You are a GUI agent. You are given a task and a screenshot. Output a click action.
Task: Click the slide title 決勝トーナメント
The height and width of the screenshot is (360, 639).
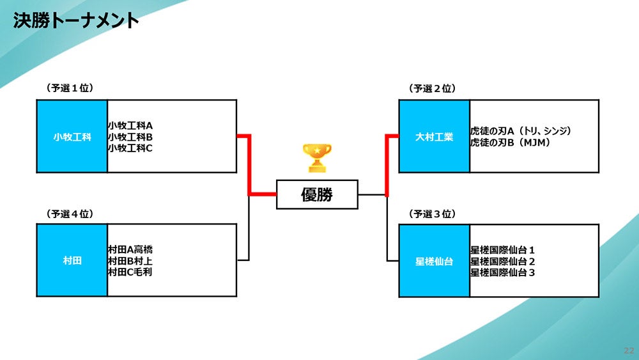point(76,20)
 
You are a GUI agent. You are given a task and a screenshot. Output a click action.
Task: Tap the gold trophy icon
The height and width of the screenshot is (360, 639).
point(317,157)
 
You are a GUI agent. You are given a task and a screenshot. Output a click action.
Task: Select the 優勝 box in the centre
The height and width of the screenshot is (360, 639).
point(317,194)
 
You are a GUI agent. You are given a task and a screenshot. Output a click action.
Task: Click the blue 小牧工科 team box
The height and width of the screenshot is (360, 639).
point(72,136)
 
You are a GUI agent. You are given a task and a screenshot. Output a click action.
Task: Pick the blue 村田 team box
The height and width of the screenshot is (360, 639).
point(72,261)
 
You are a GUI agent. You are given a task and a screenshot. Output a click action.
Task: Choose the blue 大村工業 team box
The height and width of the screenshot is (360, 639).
point(434,136)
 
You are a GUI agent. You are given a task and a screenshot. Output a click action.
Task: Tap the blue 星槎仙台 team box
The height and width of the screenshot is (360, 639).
point(434,261)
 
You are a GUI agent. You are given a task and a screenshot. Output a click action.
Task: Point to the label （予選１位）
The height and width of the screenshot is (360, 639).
point(70,88)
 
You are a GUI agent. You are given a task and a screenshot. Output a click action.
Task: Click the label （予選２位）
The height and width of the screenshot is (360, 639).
point(432,88)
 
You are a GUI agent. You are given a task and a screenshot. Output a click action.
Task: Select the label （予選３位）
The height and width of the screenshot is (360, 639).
point(432,214)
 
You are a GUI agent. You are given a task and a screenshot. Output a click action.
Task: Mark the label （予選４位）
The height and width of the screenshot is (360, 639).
point(70,214)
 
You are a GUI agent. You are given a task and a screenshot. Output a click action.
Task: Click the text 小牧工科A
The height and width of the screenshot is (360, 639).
point(130,126)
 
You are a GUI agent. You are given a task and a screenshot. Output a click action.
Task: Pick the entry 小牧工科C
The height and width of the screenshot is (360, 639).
point(130,148)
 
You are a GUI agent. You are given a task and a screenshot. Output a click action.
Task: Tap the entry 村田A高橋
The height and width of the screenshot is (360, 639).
point(130,250)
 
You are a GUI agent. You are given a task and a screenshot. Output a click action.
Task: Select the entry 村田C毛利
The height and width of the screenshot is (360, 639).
point(130,272)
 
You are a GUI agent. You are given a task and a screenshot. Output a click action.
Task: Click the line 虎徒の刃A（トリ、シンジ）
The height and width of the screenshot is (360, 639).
point(520,131)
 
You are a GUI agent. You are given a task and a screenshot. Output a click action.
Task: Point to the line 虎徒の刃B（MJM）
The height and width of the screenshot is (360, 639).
point(511,142)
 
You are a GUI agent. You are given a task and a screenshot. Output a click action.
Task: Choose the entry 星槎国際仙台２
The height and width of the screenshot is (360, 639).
point(502,261)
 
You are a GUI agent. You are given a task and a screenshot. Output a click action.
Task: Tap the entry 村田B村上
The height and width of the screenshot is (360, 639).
point(130,261)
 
